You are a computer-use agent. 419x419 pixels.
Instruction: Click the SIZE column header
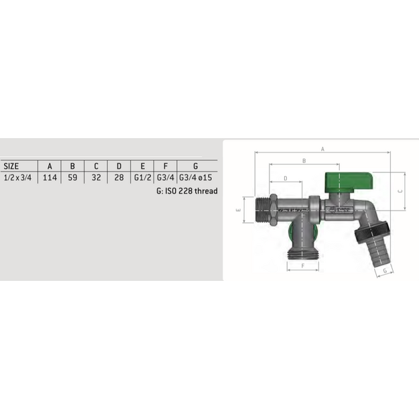tap(11, 166)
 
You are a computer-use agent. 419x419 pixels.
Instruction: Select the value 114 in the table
tap(50, 178)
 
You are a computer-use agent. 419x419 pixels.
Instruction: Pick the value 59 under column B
tap(72, 178)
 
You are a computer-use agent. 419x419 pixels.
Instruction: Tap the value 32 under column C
tap(96, 178)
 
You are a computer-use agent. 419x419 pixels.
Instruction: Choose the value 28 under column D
tap(119, 178)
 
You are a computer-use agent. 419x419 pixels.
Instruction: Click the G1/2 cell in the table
tap(142, 178)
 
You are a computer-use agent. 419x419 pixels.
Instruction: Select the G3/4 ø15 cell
tap(196, 178)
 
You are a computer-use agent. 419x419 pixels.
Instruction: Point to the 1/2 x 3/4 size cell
tap(17, 178)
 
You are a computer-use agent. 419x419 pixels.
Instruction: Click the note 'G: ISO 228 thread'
tap(187, 191)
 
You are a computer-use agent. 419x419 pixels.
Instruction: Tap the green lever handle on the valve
tap(349, 182)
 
